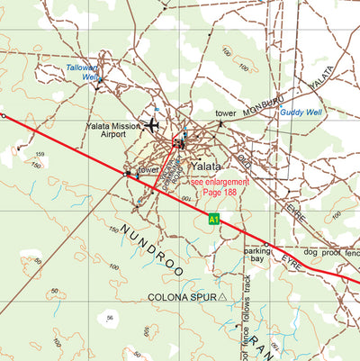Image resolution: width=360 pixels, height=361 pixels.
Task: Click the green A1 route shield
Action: pos(213,219)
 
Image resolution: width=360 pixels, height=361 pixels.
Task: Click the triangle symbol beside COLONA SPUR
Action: pos(222,295)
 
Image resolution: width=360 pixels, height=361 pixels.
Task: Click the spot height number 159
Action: pos(39,155)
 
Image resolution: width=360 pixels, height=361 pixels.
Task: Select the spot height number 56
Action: pos(110,319)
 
